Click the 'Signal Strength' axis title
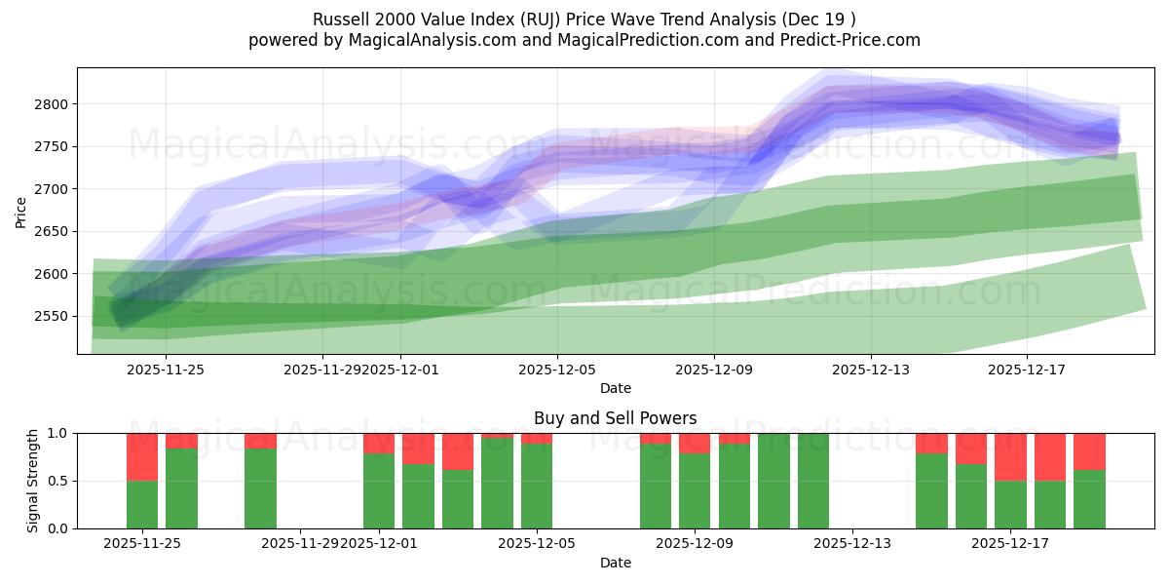[x=33, y=481]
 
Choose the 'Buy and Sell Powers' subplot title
[x=615, y=418]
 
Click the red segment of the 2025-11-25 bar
[x=142, y=456]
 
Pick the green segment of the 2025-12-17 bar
[x=1010, y=504]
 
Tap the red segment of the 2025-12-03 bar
[x=458, y=451]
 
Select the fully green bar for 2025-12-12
[x=813, y=481]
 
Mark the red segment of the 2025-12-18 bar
[x=1050, y=456]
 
